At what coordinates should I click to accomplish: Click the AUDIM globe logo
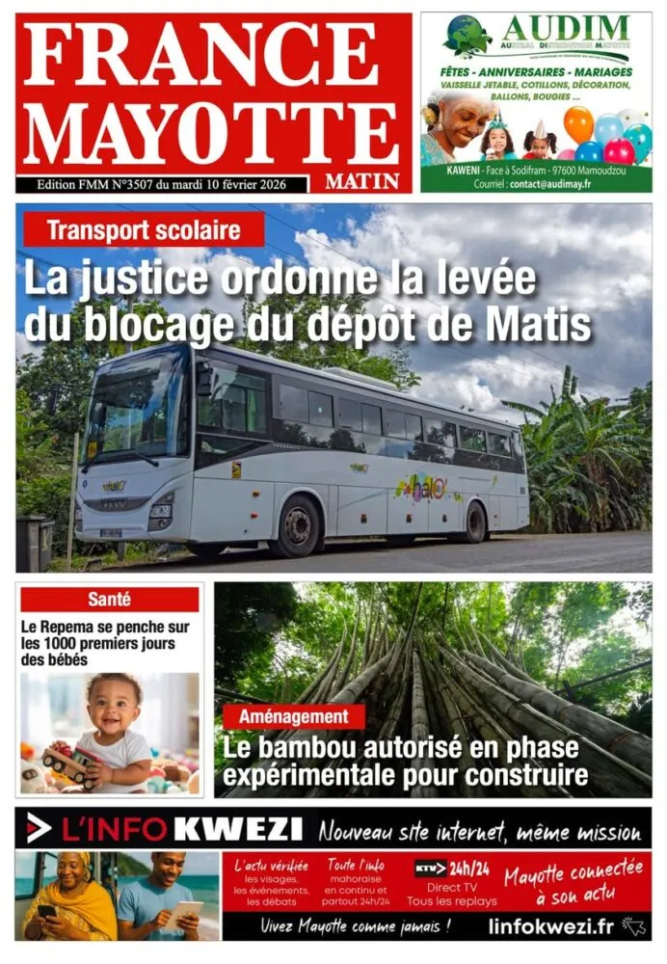pyautogui.click(x=467, y=36)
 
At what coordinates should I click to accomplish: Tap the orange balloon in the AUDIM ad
pyautogui.click(x=578, y=123)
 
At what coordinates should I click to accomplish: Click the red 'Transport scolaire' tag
pyautogui.click(x=144, y=230)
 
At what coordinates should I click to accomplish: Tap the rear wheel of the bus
pyautogui.click(x=474, y=522)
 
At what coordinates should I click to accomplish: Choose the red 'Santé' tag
pyautogui.click(x=109, y=600)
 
